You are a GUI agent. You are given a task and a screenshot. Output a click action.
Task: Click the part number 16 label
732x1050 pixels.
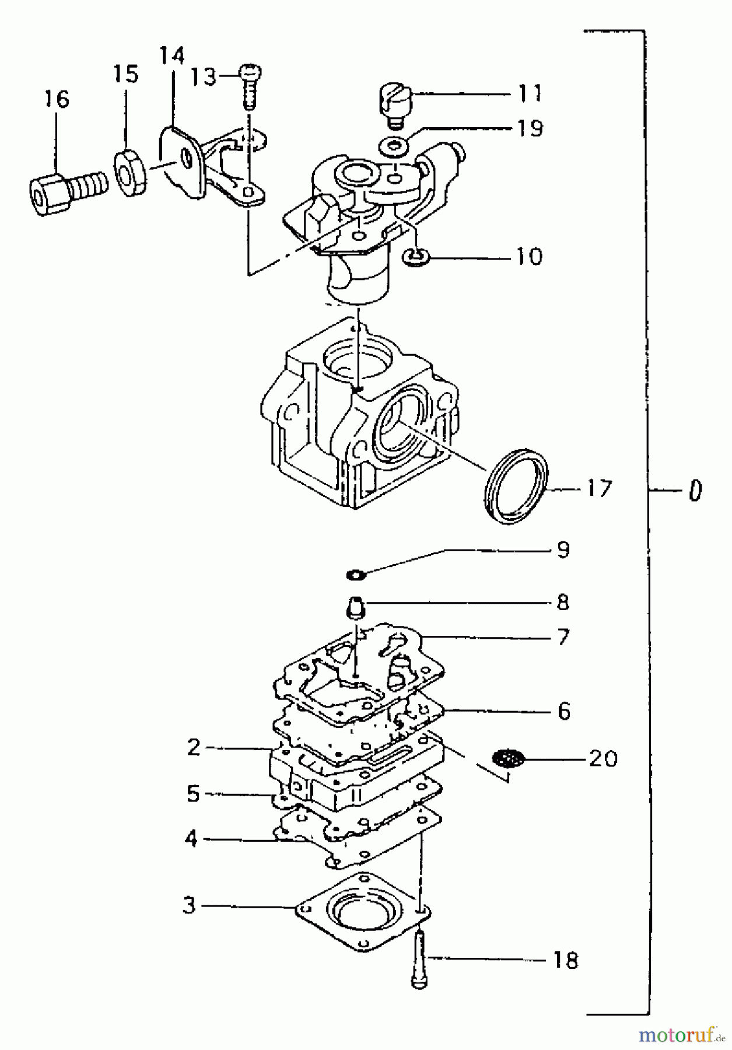pos(57,99)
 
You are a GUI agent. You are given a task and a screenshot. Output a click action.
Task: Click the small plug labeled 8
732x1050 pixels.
pos(354,607)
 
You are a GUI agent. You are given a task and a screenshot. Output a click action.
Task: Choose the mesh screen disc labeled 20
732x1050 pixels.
pos(508,759)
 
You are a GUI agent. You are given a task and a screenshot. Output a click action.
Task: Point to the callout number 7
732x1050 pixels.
pos(562,637)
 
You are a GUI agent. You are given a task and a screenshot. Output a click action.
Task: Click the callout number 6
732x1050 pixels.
pos(563,712)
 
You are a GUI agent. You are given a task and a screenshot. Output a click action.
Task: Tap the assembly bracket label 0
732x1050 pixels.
pos(694,491)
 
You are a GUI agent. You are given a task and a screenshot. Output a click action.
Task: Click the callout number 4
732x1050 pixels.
pos(191,839)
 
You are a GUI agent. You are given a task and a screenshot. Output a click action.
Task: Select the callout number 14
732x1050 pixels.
pos(172,56)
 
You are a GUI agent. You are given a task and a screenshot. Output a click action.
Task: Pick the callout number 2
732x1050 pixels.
pos(194,747)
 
